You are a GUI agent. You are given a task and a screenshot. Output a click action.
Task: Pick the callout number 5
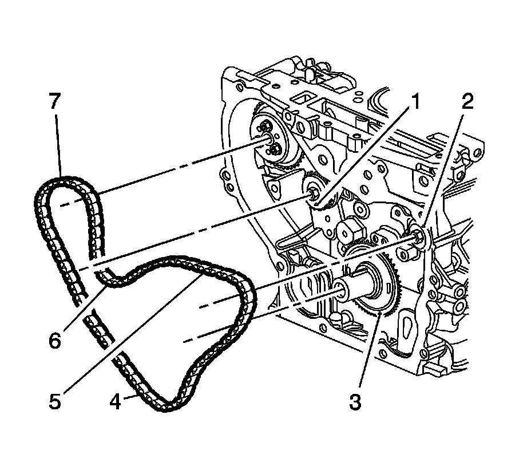pos(55,401)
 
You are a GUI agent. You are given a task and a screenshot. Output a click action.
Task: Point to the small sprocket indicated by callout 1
pos(314,192)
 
